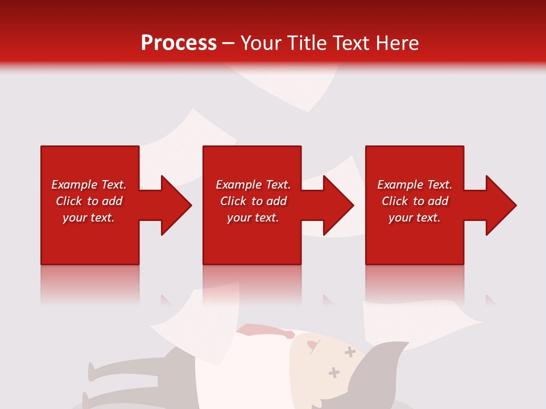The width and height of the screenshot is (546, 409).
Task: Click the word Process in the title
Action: (179, 43)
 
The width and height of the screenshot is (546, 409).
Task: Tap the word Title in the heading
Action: (307, 43)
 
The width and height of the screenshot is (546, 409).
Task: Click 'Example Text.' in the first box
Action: (89, 185)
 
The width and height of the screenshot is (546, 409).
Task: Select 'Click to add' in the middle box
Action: (253, 201)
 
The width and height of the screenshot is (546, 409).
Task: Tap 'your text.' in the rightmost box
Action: (415, 218)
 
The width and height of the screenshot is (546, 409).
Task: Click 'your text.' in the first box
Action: (89, 218)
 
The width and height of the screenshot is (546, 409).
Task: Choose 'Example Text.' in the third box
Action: (415, 185)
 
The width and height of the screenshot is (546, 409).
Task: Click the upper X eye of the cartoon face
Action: (350, 353)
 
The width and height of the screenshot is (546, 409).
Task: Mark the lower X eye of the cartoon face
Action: (334, 373)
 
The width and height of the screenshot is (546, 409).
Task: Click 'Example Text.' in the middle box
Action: (253, 185)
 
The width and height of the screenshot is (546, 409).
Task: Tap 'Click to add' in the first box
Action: (89, 201)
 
